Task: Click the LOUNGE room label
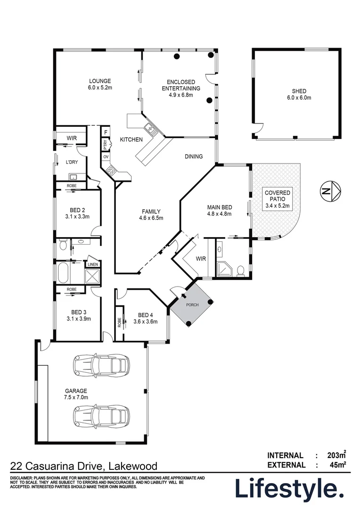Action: point(99,81)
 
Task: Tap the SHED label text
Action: point(299,91)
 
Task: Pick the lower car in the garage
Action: point(101,416)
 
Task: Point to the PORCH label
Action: point(192,305)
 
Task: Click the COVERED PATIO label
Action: point(278,193)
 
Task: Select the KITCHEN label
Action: point(131,140)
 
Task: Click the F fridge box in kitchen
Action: point(106,132)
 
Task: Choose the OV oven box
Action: point(106,156)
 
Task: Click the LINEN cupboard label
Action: point(92,264)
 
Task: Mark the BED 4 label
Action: point(145,315)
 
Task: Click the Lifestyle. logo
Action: point(289,490)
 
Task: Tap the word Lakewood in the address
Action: point(133,466)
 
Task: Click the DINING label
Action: point(193,156)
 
